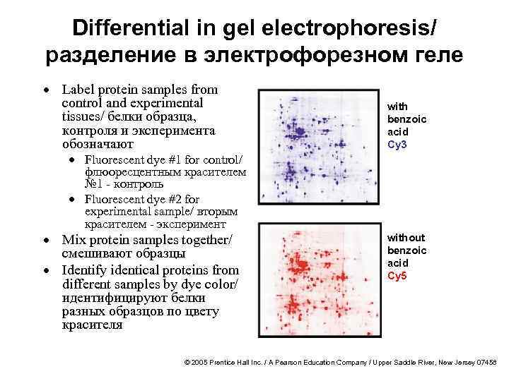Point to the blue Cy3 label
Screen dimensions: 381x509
tap(397, 145)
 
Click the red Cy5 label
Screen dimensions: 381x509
tap(397, 275)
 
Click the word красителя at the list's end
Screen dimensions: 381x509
tap(92, 325)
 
